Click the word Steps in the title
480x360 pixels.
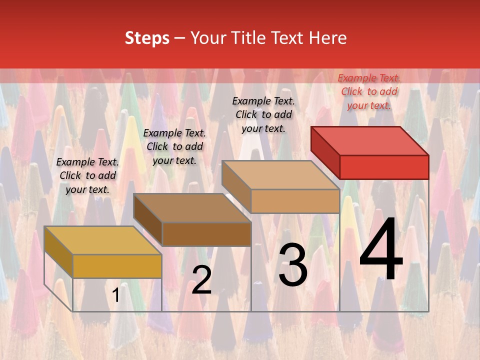[147, 38]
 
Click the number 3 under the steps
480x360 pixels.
[292, 265]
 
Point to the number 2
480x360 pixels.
[201, 280]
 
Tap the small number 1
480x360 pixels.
[115, 295]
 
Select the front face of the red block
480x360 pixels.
[384, 167]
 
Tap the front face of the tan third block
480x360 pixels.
[295, 201]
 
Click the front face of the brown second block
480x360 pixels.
[206, 234]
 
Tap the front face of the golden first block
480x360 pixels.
[117, 266]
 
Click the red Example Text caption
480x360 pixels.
[369, 91]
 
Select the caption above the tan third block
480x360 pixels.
[263, 114]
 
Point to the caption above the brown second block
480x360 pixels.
[174, 146]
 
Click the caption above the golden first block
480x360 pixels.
[87, 175]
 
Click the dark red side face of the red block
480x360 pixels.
[325, 152]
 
